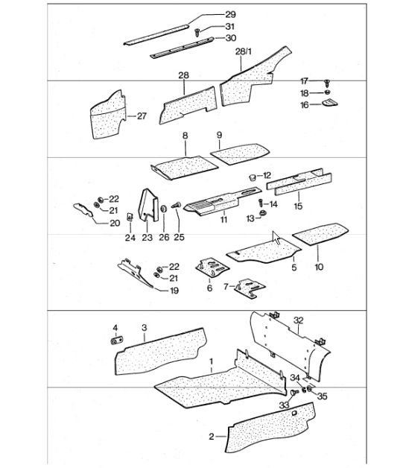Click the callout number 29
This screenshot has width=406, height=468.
pos(230,14)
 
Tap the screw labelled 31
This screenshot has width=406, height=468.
pos(197,32)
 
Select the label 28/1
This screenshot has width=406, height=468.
pos(244,51)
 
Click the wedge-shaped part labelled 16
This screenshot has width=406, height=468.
pos(330,103)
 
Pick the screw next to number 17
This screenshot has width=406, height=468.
pos(327,83)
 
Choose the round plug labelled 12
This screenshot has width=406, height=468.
pos(253,177)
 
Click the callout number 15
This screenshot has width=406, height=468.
pos(298,206)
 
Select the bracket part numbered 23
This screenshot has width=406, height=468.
pos(148,206)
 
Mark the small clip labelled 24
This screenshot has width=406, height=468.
pos(130,216)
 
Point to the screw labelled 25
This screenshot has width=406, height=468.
pos(177,206)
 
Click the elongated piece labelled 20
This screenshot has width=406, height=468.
pos(83,209)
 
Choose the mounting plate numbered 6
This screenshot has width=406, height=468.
pos(212,267)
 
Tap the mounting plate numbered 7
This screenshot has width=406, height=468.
pos(250,287)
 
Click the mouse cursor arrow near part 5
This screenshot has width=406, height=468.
pos(276,237)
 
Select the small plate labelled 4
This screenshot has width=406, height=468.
pos(117,340)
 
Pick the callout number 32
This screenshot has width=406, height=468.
pos(298,320)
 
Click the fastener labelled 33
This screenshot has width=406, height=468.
pos(294,392)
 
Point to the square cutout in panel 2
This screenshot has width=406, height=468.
pos(294,413)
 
